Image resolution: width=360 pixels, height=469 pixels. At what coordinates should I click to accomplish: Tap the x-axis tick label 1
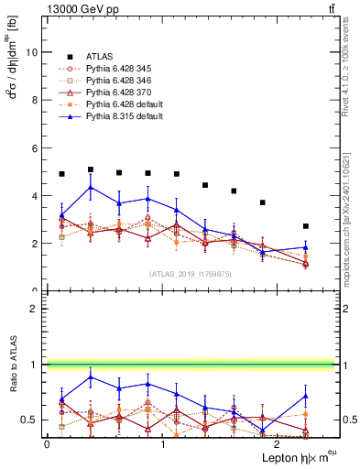pos(163,444)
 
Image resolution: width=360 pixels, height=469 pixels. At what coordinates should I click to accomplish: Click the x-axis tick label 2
pos(278,444)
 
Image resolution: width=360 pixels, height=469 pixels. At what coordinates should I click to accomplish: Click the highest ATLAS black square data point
pos(90,169)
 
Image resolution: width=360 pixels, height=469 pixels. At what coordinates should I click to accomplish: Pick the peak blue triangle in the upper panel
pos(90,187)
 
